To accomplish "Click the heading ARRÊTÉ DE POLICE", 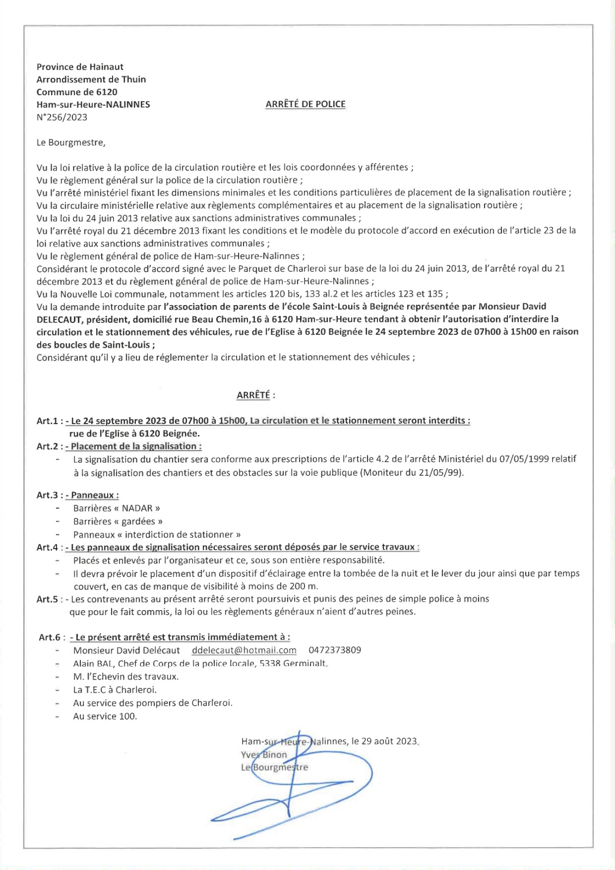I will (305, 104).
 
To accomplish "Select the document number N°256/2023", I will (62, 117).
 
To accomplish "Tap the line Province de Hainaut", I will (80, 67).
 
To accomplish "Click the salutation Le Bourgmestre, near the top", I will (71, 142).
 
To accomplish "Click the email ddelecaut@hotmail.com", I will (244, 650).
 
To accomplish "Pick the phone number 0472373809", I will (334, 650).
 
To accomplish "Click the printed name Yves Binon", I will (264, 755).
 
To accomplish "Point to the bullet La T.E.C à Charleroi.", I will (115, 690).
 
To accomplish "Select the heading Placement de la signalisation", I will (136, 446).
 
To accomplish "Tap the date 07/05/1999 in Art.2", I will (521, 459).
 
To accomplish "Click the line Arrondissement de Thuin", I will (91, 79).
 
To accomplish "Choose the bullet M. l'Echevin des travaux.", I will (126, 677).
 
